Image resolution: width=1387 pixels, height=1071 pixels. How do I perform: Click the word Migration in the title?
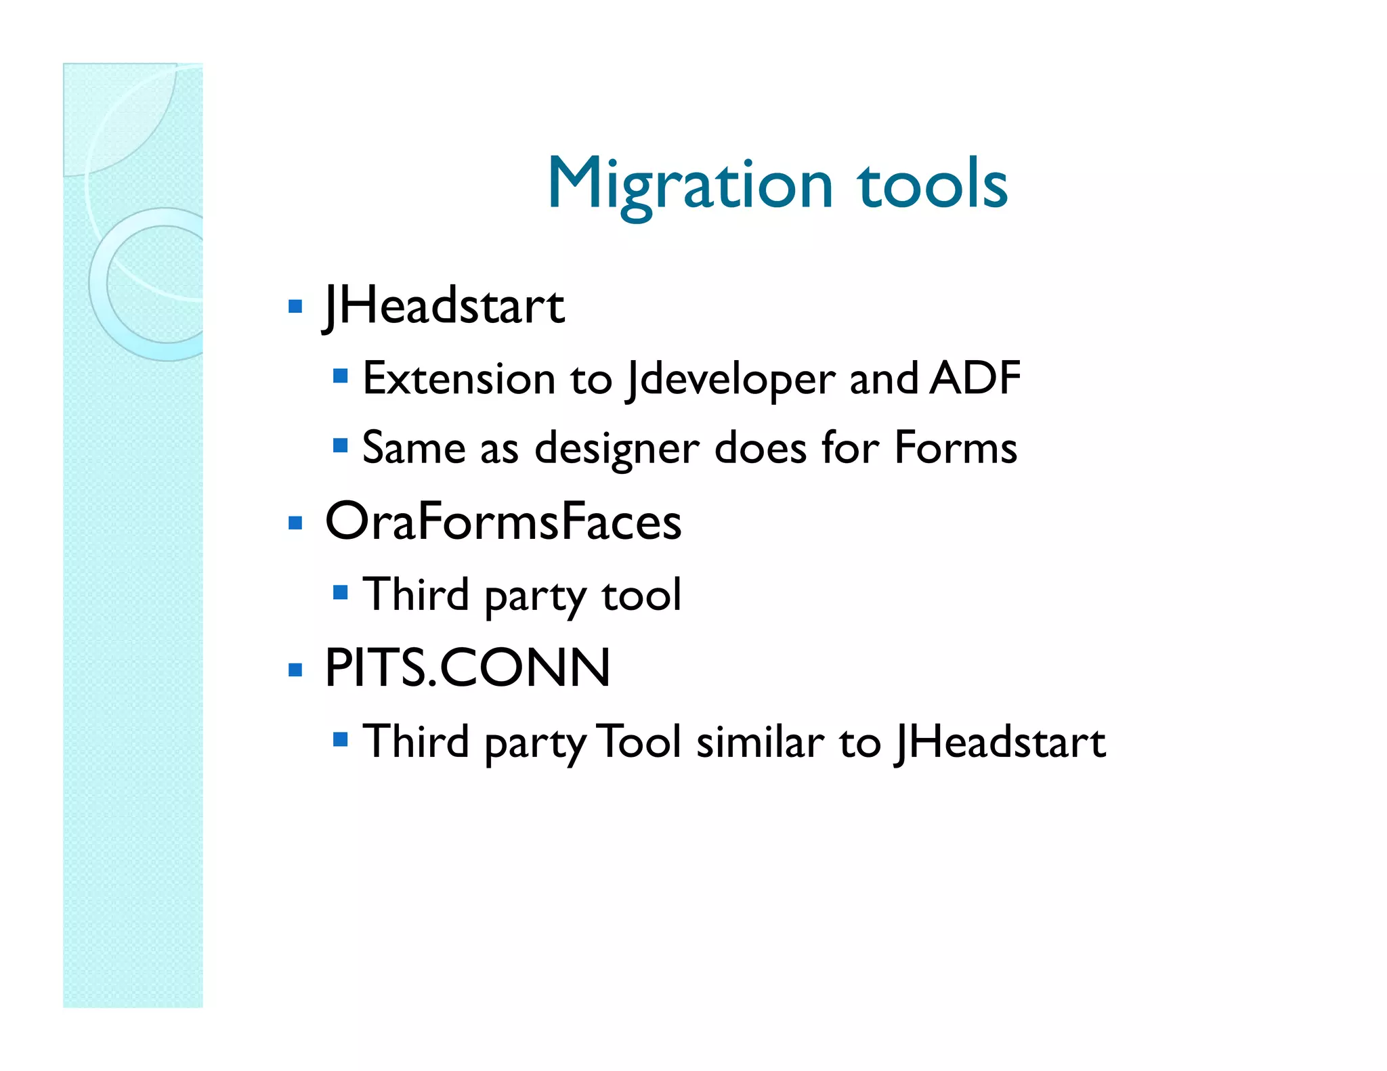point(689,184)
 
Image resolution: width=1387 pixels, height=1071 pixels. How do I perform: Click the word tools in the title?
point(933,184)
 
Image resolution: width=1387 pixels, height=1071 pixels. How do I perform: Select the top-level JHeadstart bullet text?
point(444,306)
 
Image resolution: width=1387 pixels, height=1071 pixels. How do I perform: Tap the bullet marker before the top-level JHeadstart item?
point(295,307)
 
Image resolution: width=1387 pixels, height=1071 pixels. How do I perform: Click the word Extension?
point(458,378)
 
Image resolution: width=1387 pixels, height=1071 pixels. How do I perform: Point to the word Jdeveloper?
point(730,380)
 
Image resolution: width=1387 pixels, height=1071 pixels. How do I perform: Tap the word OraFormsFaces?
point(503,521)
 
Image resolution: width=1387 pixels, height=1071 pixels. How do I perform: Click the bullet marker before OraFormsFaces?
point(295,523)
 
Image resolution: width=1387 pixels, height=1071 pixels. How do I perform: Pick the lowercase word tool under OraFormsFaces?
point(641,595)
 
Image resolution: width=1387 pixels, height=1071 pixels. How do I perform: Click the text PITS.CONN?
point(467,668)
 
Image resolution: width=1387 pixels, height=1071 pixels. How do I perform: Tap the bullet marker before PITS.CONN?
point(295,670)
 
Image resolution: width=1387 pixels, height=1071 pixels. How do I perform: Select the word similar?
point(760,742)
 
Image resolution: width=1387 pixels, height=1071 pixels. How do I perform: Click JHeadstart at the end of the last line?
point(1000,743)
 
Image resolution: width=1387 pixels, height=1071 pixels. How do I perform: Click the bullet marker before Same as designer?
point(340,445)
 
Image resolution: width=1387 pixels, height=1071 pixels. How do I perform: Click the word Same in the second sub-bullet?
point(414,448)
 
